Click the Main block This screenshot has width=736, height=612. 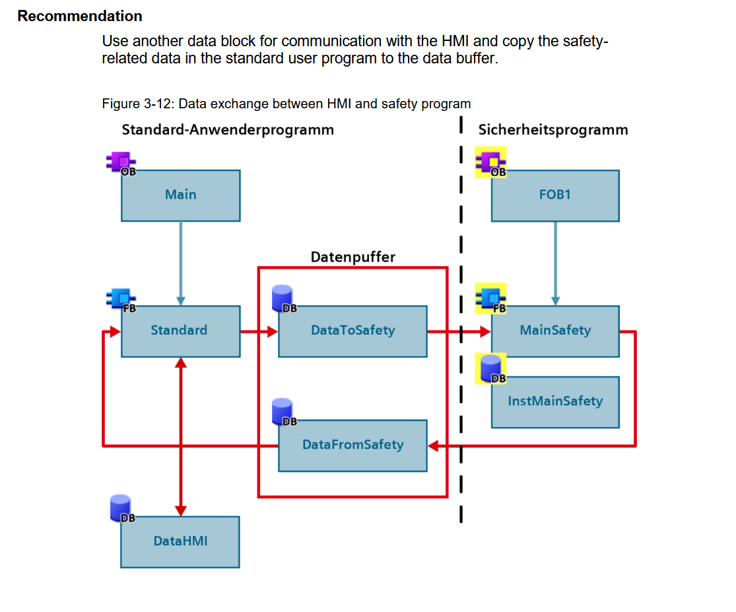181,195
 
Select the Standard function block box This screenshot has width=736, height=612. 181,331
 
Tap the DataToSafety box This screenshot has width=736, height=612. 352,331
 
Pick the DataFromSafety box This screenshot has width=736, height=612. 352,446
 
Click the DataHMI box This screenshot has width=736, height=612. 180,542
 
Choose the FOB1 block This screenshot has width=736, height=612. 555,195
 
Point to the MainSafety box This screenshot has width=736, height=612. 555,331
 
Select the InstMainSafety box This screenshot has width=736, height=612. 555,402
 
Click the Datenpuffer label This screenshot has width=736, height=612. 353,257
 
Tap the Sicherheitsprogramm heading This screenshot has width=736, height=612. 553,129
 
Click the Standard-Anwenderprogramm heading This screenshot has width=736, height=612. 228,129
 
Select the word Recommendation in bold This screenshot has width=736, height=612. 80,16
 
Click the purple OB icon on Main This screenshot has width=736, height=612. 121,163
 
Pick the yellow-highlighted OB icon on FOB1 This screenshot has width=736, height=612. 490,162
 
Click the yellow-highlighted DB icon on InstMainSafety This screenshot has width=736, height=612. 490,368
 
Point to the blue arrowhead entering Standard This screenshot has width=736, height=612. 181,301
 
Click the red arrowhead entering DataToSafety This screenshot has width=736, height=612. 273,332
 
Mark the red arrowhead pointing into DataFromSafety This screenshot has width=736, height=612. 433,446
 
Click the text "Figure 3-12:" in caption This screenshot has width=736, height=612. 138,104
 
